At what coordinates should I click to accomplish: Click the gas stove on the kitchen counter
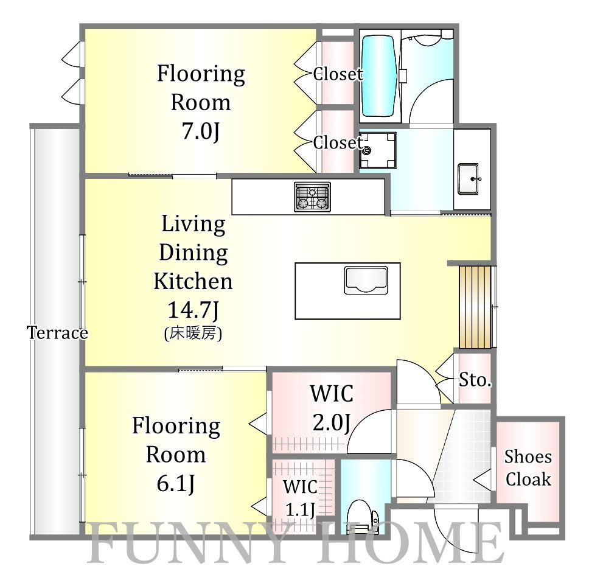pyautogui.click(x=312, y=197)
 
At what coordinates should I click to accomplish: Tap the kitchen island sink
pyautogui.click(x=366, y=280)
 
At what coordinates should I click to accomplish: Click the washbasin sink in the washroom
pyautogui.click(x=468, y=179)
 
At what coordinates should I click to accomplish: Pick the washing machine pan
pyautogui.click(x=377, y=150)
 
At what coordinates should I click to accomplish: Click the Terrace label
pyautogui.click(x=57, y=333)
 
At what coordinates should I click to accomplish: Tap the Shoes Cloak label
pyautogui.click(x=528, y=468)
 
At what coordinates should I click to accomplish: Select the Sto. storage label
pyautogui.click(x=475, y=380)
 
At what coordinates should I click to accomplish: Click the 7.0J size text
pyautogui.click(x=201, y=131)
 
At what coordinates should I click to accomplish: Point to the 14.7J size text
pyautogui.click(x=193, y=310)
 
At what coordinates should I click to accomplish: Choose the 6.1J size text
pyautogui.click(x=176, y=483)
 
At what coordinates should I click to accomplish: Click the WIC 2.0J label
pyautogui.click(x=332, y=408)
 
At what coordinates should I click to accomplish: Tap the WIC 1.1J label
pyautogui.click(x=300, y=498)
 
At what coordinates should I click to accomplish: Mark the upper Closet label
pyautogui.click(x=338, y=74)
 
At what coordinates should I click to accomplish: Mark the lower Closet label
pyautogui.click(x=338, y=143)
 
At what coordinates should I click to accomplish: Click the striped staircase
pyautogui.click(x=475, y=307)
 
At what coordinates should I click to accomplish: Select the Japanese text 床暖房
pyautogui.click(x=193, y=333)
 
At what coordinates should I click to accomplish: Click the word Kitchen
pyautogui.click(x=193, y=281)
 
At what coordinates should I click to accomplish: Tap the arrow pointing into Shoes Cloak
pyautogui.click(x=483, y=480)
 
